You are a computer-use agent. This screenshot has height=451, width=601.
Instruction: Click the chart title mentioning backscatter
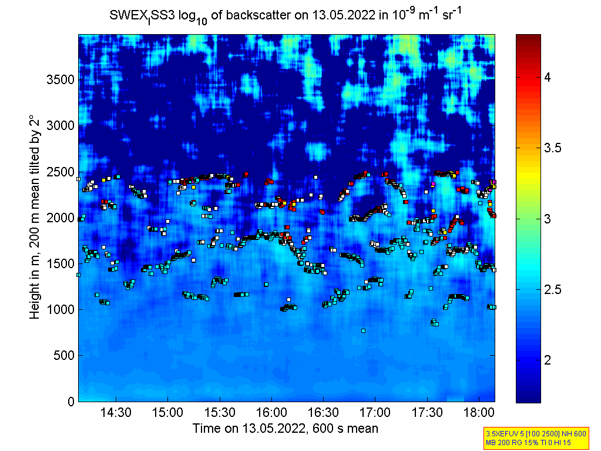[286, 15]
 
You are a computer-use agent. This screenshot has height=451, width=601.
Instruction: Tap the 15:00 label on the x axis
[168, 413]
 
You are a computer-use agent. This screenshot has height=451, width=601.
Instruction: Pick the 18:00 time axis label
[478, 413]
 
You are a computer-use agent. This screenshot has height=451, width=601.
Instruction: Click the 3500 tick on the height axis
[61, 79]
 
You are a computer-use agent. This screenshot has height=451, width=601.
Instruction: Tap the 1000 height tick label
[61, 309]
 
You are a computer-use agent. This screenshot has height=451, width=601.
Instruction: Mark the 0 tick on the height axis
[70, 402]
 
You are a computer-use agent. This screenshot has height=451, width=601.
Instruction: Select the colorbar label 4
[547, 78]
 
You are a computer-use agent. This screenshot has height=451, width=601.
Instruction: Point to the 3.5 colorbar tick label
[551, 148]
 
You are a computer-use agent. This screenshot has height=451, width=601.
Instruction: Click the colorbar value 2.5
[551, 289]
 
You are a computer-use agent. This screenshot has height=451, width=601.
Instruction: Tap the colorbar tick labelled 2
[547, 360]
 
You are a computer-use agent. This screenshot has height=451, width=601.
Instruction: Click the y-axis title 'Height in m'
[35, 217]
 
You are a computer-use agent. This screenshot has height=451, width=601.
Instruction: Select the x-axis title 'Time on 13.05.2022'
[286, 429]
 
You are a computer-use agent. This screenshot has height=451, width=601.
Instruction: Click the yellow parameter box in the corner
[535, 437]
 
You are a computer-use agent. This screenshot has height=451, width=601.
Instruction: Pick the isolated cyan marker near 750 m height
[363, 330]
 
